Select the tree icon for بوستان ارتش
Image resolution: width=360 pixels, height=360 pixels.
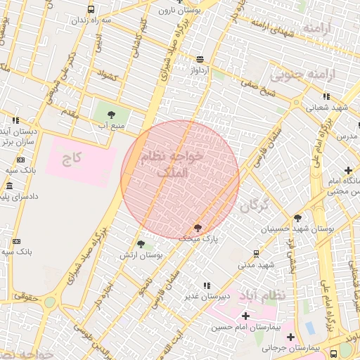tap(141, 244)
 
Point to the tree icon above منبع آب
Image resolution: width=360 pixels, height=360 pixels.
tap(110, 113)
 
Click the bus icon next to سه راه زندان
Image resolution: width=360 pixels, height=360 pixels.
tap(91, 10)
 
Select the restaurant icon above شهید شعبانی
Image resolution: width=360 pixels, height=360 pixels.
tap(326, 96)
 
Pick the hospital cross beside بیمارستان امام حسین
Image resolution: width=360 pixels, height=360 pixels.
tap(244, 316)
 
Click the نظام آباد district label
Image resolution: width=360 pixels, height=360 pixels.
tap(262, 295)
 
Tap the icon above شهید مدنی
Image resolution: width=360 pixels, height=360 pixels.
tap(255, 253)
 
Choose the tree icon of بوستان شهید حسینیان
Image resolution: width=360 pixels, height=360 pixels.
tap(297, 219)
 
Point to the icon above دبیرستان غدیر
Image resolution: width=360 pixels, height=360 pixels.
tap(206, 285)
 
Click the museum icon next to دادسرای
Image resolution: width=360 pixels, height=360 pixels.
tap(8, 186)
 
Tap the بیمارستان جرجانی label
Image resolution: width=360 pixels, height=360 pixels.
tap(300, 348)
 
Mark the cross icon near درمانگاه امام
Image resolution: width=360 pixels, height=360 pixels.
tap(349, 170)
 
